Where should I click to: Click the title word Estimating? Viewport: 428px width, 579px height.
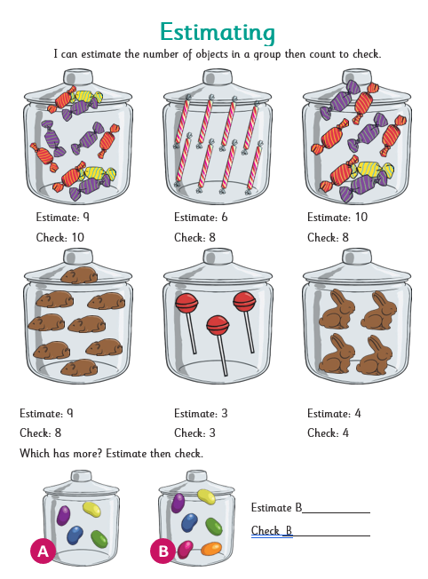click(x=218, y=32)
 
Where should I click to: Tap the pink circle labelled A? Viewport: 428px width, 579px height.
click(x=44, y=551)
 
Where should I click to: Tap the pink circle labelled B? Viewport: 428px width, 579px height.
click(x=162, y=551)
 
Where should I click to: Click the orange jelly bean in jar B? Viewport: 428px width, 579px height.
click(x=211, y=549)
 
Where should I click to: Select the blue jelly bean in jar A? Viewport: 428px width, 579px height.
click(x=75, y=535)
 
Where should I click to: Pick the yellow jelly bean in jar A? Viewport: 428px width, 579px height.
click(x=92, y=510)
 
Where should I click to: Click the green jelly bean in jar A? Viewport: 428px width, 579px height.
click(x=99, y=539)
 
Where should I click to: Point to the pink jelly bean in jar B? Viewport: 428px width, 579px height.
click(x=186, y=550)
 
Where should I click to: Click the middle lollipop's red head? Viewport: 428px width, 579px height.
click(x=218, y=325)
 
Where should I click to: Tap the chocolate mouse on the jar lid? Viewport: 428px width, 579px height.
click(x=79, y=275)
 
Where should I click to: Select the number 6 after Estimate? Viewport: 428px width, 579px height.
click(x=225, y=217)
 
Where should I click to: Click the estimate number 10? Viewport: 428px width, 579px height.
click(x=361, y=217)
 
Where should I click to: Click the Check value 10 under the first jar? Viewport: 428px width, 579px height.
click(x=78, y=237)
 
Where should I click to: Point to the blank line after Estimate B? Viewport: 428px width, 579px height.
click(x=336, y=512)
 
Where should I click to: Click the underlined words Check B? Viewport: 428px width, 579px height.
click(x=272, y=531)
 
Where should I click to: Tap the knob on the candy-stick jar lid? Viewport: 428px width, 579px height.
click(x=218, y=77)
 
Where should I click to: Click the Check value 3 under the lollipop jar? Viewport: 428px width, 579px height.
click(x=212, y=432)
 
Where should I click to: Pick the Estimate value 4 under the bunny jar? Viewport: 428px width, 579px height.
click(x=358, y=413)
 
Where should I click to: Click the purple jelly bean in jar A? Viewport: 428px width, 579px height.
click(x=64, y=515)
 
